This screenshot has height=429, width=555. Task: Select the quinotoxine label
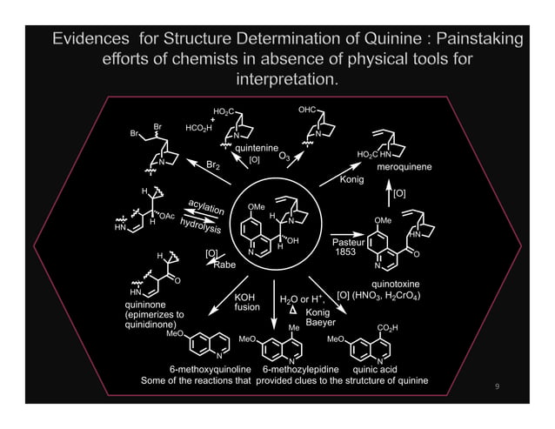point(396,284)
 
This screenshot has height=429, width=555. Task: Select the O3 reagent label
point(284,156)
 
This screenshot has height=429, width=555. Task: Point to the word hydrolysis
point(201,225)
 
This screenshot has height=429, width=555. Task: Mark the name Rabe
point(225,265)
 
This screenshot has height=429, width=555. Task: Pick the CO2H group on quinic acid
point(387,327)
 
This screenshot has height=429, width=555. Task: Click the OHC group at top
point(308,110)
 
